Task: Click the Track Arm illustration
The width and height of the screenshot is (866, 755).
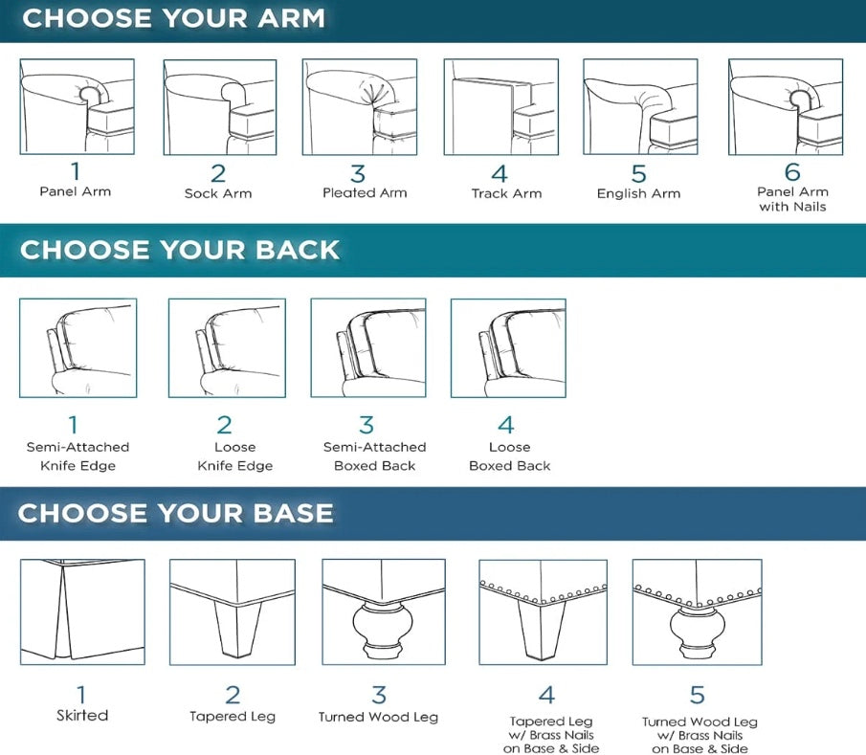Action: (500, 106)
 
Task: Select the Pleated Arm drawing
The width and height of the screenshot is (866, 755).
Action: (360, 106)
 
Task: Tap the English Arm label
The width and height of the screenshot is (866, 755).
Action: (638, 193)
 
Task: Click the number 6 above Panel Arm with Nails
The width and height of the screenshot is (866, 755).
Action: (792, 172)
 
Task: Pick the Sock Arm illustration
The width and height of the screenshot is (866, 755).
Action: (220, 106)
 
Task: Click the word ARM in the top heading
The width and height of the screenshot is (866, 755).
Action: (292, 18)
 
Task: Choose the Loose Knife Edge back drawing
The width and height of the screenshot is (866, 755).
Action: (227, 348)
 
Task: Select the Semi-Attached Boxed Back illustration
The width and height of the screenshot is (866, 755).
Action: (368, 348)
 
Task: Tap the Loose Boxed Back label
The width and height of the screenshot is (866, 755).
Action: (510, 456)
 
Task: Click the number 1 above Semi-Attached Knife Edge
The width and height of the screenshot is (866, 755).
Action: (73, 425)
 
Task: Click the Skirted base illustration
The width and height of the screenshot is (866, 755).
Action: (82, 612)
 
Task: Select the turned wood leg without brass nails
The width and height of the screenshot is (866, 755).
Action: (384, 612)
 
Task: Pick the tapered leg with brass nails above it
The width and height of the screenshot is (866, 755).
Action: (543, 612)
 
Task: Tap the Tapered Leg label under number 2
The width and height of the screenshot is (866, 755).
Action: (233, 717)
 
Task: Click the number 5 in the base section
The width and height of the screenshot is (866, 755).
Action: (698, 695)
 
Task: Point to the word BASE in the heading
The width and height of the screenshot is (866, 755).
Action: (293, 513)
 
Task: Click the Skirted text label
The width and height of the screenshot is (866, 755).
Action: (82, 715)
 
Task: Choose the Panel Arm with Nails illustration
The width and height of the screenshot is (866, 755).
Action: (786, 106)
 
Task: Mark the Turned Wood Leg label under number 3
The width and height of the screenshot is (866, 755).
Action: (378, 717)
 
